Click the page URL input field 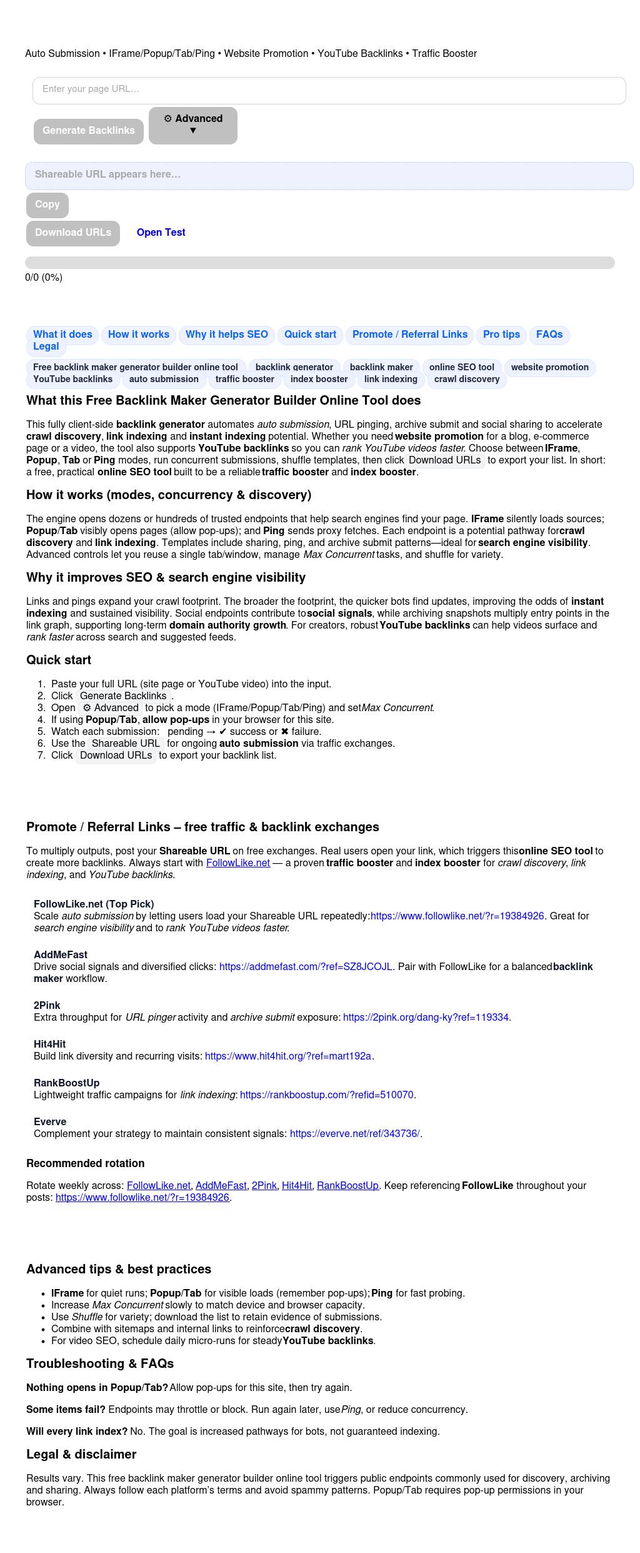[329, 89]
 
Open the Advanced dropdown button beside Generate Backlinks [192, 125]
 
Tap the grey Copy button [47, 205]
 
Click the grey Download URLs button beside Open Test [73, 233]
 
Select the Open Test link [161, 233]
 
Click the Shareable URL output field [329, 175]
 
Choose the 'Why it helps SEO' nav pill [226, 335]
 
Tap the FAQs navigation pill [549, 335]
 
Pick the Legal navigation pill [46, 347]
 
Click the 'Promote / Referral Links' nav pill [409, 335]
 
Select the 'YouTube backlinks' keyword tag [72, 380]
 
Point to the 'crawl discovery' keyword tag [466, 380]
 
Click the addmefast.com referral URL [306, 967]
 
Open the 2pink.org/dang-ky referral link [426, 1018]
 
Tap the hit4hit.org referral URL [288, 1056]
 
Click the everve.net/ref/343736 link [354, 1134]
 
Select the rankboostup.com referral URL [326, 1095]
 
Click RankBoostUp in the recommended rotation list [347, 1186]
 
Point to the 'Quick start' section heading [59, 660]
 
